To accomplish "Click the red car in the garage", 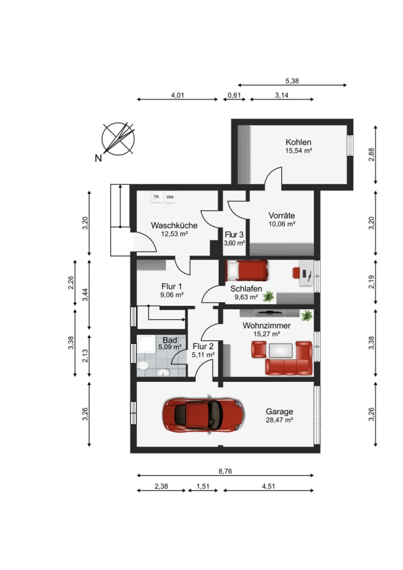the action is point(203,415).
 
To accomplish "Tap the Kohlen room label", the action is point(298,142).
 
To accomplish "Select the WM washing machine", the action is point(170,197).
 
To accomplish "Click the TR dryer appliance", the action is point(157,197).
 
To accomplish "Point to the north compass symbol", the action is point(118,139).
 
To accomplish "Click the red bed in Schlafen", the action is point(246,270).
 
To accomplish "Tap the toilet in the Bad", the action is point(143,365).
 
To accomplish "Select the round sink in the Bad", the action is point(163,372).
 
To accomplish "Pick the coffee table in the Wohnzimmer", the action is point(281,350).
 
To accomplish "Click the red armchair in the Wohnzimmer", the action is point(259,350).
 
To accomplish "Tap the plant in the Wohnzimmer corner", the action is point(307,315).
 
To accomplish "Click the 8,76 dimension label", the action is point(225,471).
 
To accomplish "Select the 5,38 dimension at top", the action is point(292,81).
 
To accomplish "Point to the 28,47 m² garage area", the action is point(279,420).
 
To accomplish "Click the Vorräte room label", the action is point(281,215).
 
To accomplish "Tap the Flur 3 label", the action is point(234,235).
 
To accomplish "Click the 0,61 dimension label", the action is point(234,95).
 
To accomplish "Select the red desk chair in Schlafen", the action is point(297,272).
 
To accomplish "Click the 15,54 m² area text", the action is point(298,151).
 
